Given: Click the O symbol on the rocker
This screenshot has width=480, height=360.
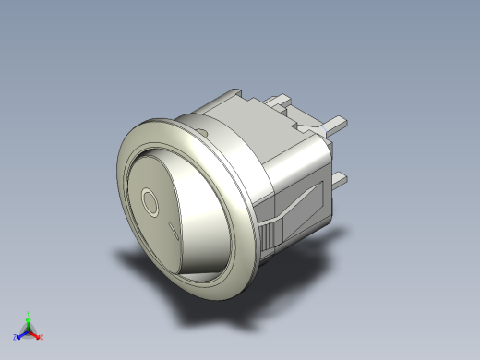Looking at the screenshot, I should (x=150, y=202).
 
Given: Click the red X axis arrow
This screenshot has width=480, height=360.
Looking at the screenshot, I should (x=38, y=333).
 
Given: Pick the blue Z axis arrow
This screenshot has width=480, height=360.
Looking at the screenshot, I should (x=22, y=333).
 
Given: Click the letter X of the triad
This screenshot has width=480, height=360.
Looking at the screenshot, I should (x=42, y=338).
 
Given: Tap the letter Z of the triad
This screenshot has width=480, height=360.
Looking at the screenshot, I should (x=16, y=338).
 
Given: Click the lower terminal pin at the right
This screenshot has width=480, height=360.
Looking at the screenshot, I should (x=339, y=177).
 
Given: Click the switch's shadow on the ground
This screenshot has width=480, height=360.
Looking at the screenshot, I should (x=212, y=309).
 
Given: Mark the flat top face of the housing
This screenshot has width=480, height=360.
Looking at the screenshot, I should (x=249, y=115).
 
